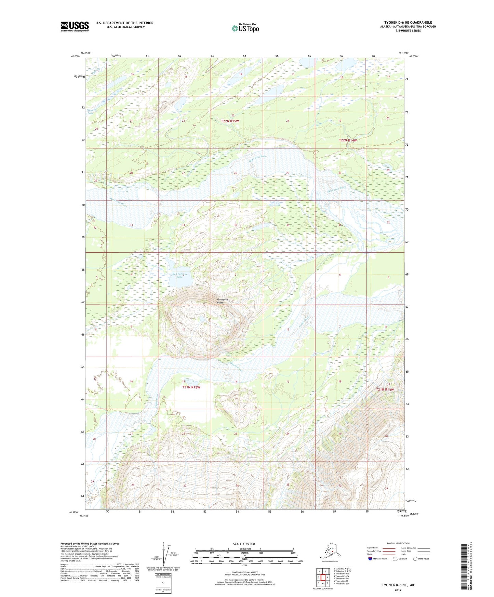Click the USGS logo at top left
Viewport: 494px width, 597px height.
click(x=75, y=26)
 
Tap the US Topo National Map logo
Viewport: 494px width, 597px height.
click(x=245, y=28)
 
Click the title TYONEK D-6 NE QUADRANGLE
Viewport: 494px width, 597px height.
click(x=408, y=23)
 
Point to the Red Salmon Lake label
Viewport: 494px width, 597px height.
click(x=180, y=275)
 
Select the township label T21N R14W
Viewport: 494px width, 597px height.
click(x=385, y=389)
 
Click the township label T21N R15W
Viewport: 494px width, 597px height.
click(x=191, y=387)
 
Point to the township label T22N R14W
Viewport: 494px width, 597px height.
click(x=348, y=140)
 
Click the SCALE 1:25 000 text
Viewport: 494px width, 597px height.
click(x=244, y=544)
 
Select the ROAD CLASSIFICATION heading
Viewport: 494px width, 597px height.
click(x=398, y=543)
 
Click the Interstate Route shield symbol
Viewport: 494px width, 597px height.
click(x=370, y=559)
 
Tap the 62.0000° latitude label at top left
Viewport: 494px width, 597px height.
click(x=76, y=56)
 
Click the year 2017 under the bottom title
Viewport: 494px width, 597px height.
click(x=398, y=590)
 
